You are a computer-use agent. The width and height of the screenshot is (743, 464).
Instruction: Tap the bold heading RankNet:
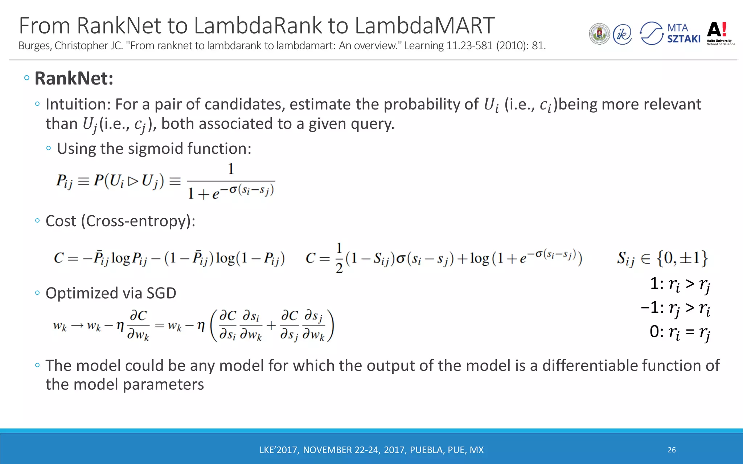pos(74,78)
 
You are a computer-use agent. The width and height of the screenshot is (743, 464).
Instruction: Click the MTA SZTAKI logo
pos(670,33)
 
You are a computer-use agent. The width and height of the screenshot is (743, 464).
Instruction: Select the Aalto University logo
pos(721,34)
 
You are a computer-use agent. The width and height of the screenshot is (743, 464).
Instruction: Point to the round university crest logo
pos(599,34)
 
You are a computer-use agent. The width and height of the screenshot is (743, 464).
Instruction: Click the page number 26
pos(672,450)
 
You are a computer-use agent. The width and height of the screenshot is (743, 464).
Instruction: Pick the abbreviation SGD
pos(161,293)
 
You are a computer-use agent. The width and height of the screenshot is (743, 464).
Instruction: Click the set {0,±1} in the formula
pos(682,258)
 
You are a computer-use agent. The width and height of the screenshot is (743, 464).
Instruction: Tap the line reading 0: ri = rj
pos(680,332)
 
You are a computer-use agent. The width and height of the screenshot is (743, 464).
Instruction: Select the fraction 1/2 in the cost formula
pos(339,258)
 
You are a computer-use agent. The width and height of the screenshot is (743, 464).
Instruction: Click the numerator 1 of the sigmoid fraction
pos(231,169)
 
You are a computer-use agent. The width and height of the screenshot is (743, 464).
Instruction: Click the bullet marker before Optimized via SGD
pos(37,293)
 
